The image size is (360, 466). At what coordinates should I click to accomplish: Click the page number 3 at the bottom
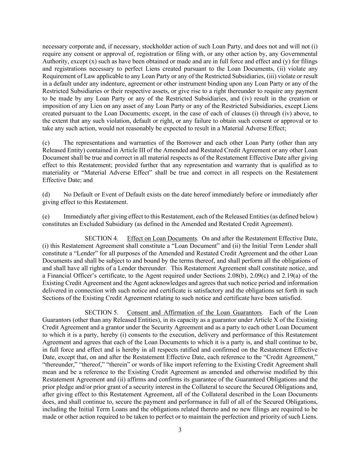pos(180,430)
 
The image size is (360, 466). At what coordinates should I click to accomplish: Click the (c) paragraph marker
pos(46,143)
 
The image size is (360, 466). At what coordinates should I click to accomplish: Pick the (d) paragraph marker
pos(46,195)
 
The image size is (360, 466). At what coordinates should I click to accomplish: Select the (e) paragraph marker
pos(46,216)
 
